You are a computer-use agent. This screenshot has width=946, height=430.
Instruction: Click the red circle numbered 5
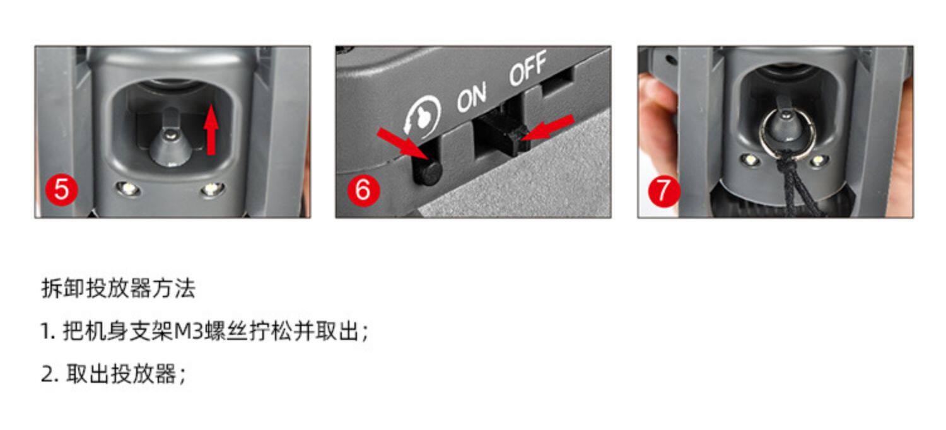[x=62, y=190]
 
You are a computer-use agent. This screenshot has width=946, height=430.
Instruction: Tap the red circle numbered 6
[x=363, y=190]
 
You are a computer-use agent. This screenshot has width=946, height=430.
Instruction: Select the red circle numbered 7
[x=664, y=192]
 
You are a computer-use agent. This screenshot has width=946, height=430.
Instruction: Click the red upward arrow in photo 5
[x=211, y=129]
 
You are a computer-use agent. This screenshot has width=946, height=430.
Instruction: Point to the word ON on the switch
[x=472, y=98]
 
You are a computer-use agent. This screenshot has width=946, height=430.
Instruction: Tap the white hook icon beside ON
[x=423, y=116]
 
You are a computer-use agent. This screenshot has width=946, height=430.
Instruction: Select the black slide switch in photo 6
[x=512, y=135]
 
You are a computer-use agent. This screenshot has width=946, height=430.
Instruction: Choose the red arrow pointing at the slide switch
[x=548, y=128]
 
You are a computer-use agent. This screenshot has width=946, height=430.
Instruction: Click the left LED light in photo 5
[x=127, y=188]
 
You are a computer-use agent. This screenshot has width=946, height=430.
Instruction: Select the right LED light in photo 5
[x=212, y=189]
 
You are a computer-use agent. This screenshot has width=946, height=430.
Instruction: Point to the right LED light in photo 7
[x=819, y=160]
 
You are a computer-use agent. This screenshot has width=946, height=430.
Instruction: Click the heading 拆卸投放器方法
[x=119, y=289]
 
